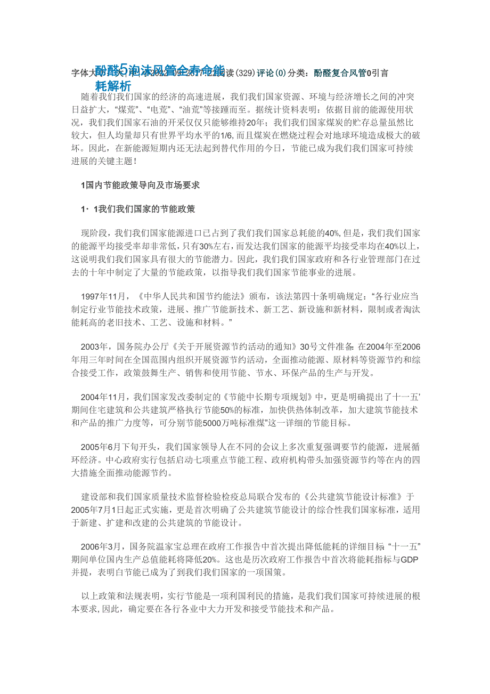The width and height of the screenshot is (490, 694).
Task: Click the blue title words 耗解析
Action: pos(113,85)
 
